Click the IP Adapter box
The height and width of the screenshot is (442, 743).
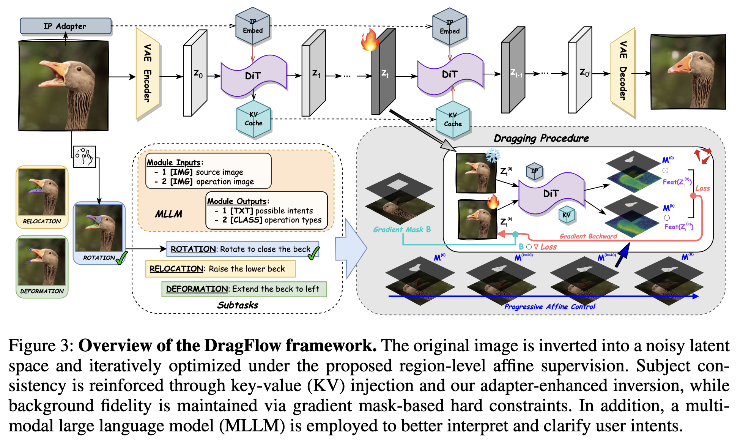coord(66,26)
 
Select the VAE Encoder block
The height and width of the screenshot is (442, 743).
coord(148,74)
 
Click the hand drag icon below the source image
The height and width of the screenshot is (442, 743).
coord(84,156)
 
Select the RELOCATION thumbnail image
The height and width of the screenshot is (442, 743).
coord(42,192)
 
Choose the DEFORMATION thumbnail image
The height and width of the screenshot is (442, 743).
coord(42,262)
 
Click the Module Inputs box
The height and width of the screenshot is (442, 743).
coord(208,171)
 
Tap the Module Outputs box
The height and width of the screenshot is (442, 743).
coord(266,210)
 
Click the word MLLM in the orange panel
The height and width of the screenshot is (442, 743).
coord(168,214)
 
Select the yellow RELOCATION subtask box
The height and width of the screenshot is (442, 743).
coord(220,269)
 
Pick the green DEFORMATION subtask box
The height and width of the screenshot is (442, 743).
coord(244,289)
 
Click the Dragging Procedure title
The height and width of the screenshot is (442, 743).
coord(542,138)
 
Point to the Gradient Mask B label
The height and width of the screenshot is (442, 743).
coord(402,229)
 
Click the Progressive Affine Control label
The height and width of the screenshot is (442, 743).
coord(550,306)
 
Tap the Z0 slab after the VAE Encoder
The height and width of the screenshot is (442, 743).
coord(195,73)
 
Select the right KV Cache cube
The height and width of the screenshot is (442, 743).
coord(453,119)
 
